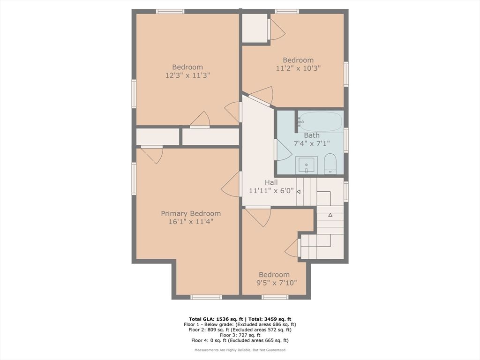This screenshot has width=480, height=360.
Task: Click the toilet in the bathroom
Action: (330, 163)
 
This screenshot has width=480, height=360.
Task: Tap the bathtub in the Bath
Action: (321, 122)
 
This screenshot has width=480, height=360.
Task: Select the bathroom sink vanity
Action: (307, 165)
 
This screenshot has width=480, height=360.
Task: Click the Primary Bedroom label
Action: (191, 214)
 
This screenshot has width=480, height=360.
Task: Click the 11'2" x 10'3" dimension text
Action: (298, 68)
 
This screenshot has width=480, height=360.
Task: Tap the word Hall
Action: (271, 182)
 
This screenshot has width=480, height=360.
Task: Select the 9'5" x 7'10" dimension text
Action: (276, 283)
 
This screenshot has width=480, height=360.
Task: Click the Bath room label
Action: (312, 135)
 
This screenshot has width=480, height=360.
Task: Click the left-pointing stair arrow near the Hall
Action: (299, 191)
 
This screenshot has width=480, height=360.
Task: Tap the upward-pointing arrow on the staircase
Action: (330, 215)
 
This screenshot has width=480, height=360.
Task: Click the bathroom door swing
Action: (283, 151)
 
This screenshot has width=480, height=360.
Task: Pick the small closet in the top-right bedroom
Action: (255, 28)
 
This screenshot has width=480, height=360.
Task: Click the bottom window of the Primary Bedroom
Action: (206, 297)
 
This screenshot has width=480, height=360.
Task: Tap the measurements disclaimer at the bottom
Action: (240, 350)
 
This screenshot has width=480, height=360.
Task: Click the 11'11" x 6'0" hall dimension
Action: (271, 191)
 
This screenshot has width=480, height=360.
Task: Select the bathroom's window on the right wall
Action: (346, 140)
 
